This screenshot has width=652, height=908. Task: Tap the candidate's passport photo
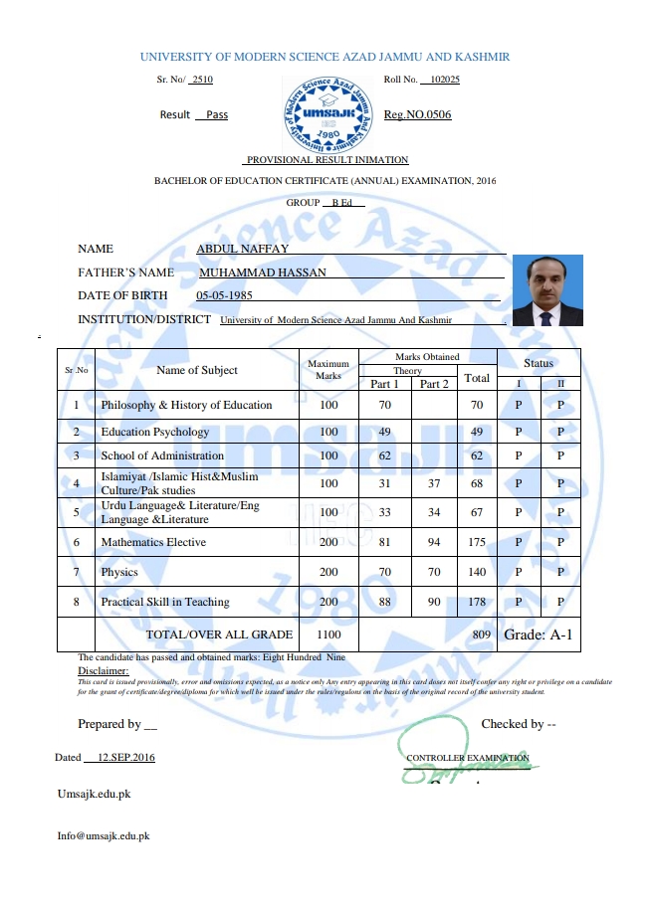(545, 290)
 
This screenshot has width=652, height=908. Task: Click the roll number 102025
(440, 79)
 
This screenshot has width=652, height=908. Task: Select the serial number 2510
(202, 79)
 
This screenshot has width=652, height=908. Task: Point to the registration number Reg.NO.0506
(417, 114)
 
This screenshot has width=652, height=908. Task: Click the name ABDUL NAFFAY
(243, 249)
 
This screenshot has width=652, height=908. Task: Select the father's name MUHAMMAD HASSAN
(263, 272)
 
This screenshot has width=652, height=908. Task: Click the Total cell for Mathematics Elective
(477, 542)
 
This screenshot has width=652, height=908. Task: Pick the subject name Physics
(119, 572)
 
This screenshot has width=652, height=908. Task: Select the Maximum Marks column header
(328, 370)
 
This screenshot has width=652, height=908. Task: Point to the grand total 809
(482, 635)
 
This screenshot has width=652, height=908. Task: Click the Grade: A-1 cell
(539, 634)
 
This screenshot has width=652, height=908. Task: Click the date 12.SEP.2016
(126, 757)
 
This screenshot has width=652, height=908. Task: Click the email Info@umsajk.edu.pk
(104, 836)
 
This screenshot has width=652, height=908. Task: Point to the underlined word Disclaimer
(104, 670)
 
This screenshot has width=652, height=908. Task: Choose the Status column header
(539, 363)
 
